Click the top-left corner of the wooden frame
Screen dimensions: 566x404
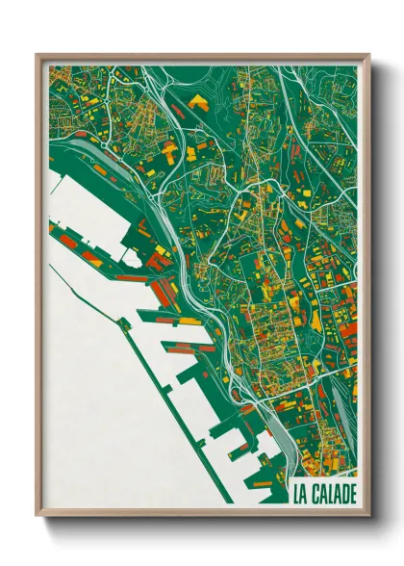[38, 55]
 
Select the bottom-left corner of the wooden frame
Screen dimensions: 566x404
[38, 516]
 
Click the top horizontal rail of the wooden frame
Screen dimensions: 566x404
[202, 57]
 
